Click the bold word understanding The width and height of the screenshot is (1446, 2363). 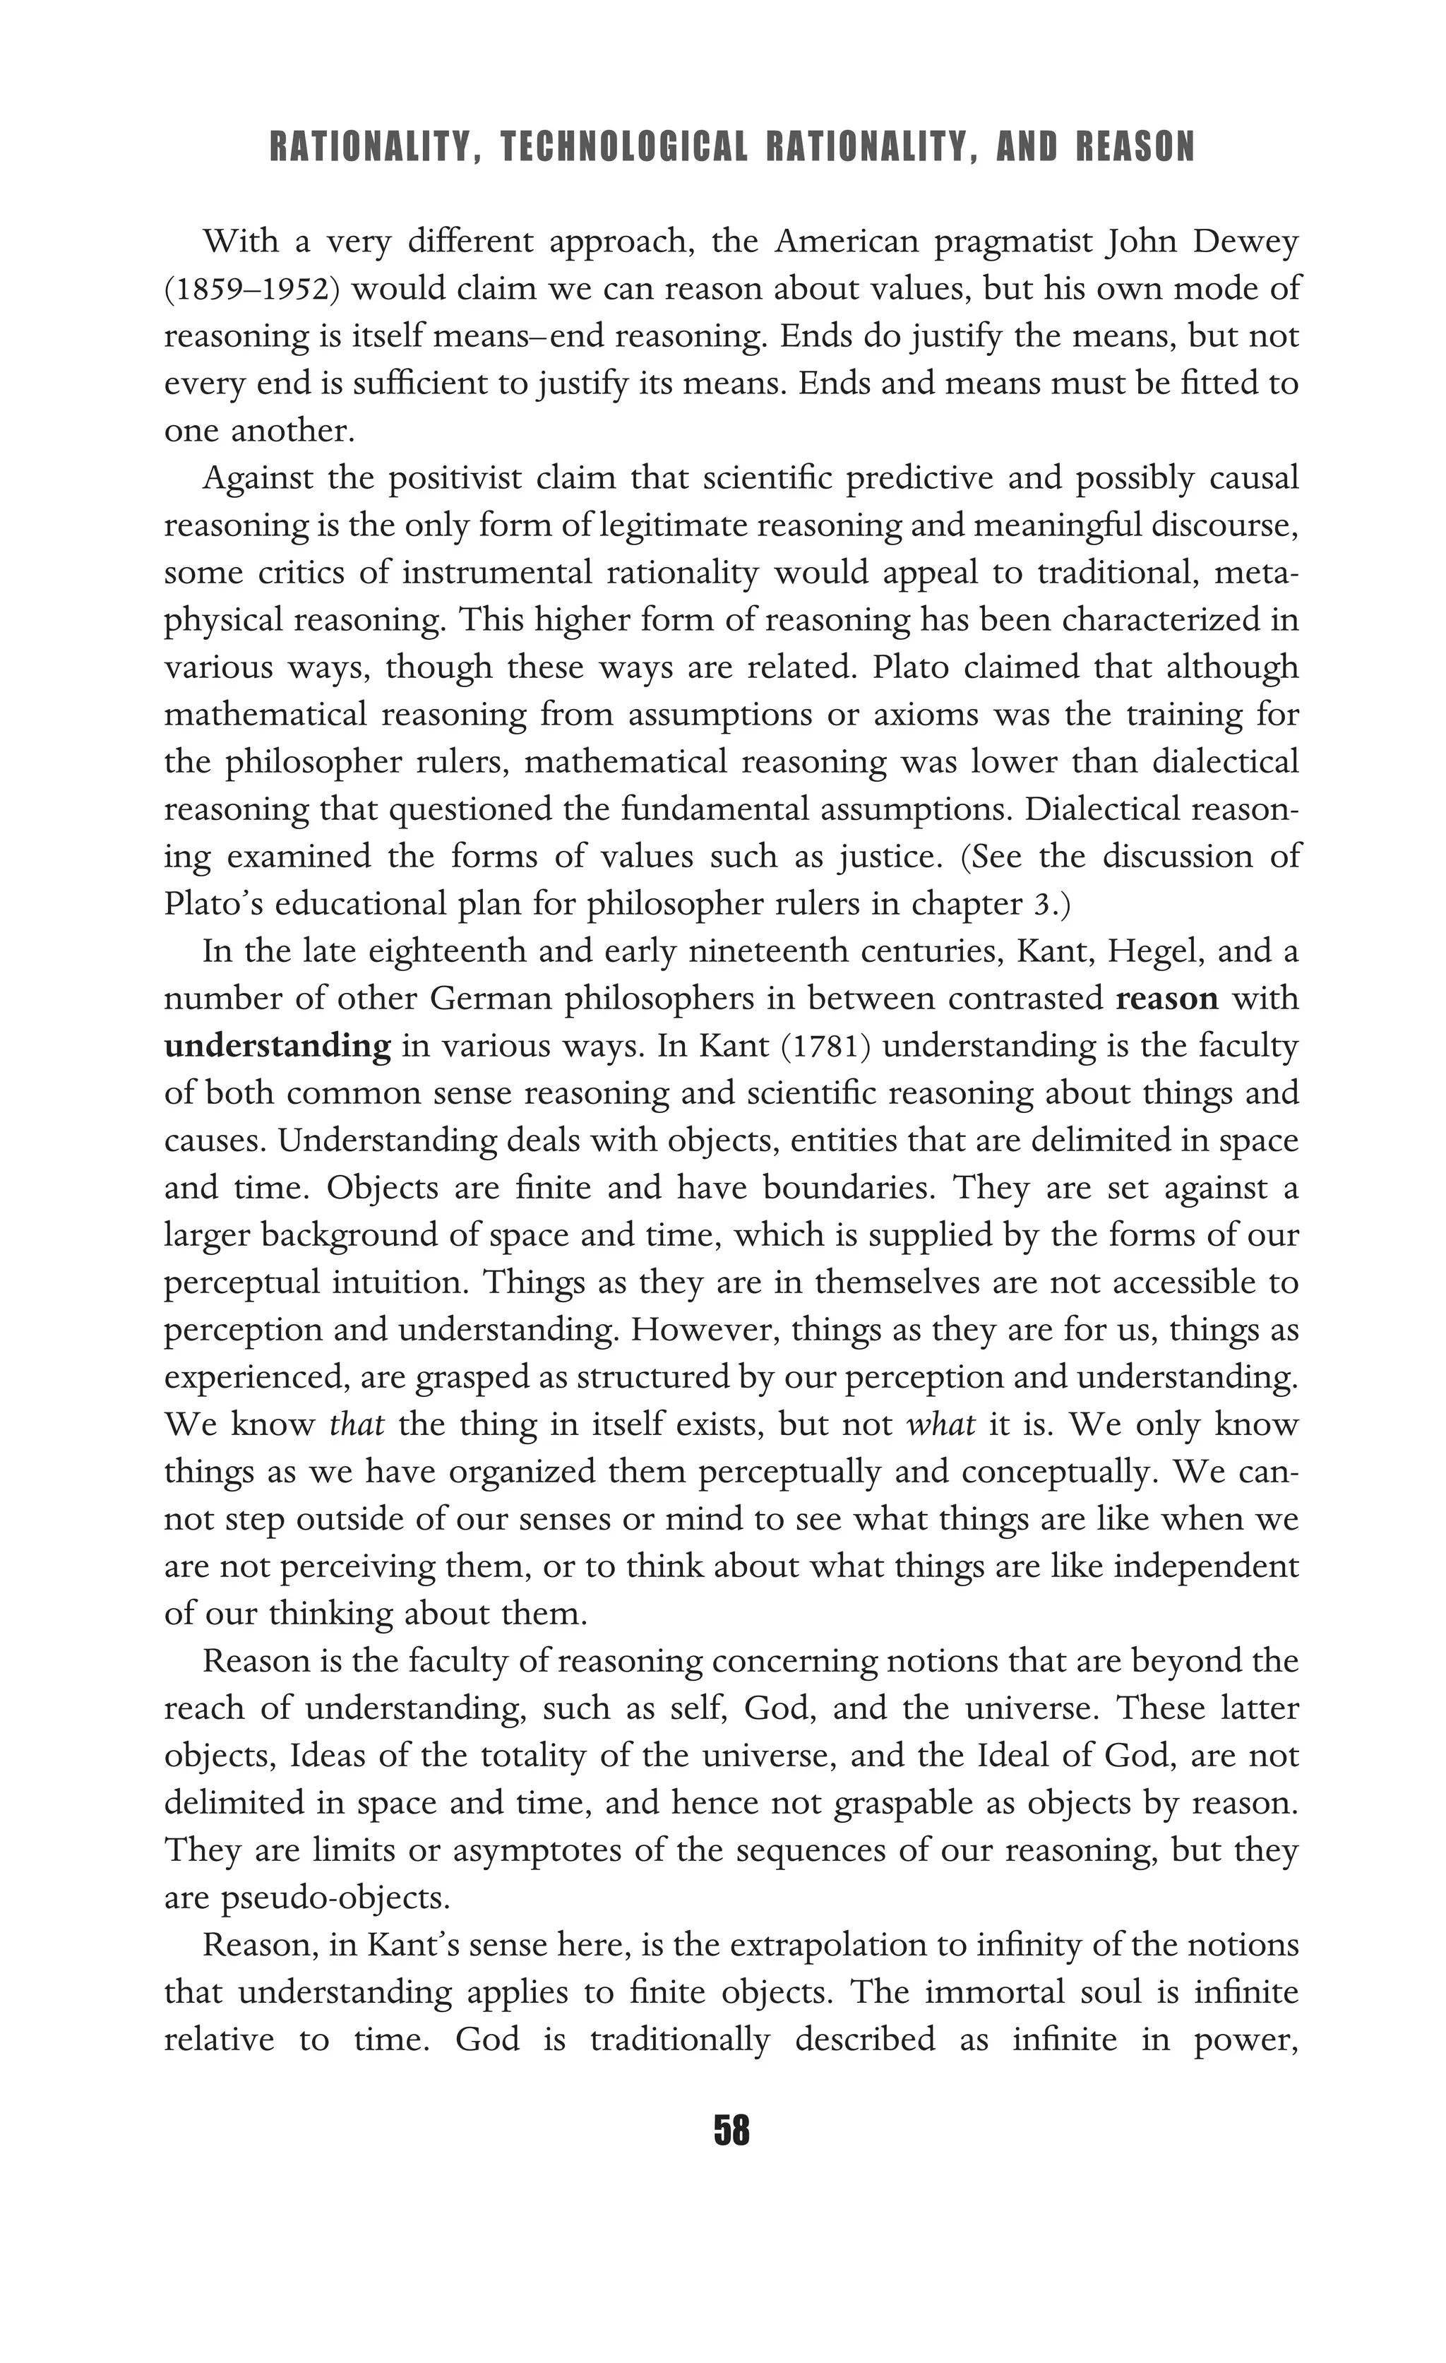click(277, 1045)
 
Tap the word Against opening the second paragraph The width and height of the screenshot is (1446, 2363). click(257, 477)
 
